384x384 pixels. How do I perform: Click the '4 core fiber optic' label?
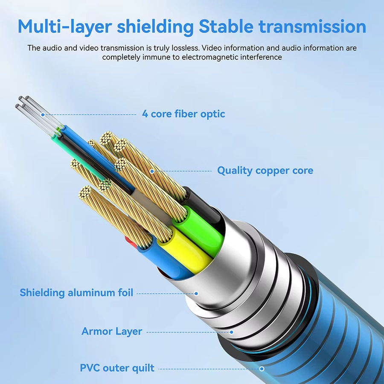[x=183, y=114]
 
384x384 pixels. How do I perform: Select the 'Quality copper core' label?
[x=265, y=171]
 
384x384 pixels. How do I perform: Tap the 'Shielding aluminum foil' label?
[x=76, y=293]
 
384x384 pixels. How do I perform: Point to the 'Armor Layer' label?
[x=112, y=332]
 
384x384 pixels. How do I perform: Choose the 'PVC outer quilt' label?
[x=117, y=368]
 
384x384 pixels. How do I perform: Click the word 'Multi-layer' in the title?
[x=65, y=26]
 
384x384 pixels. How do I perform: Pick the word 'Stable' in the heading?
[x=226, y=26]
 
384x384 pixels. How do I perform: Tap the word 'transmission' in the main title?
[x=312, y=26]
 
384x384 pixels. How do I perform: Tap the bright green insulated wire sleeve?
[x=198, y=230]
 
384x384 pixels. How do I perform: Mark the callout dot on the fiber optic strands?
[x=43, y=115]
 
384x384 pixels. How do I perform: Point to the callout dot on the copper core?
[x=152, y=171]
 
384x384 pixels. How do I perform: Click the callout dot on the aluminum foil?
[x=196, y=294]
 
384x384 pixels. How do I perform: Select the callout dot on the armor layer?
[x=231, y=332]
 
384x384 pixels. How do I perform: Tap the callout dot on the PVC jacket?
[x=262, y=369]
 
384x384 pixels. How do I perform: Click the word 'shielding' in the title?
[x=155, y=27]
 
